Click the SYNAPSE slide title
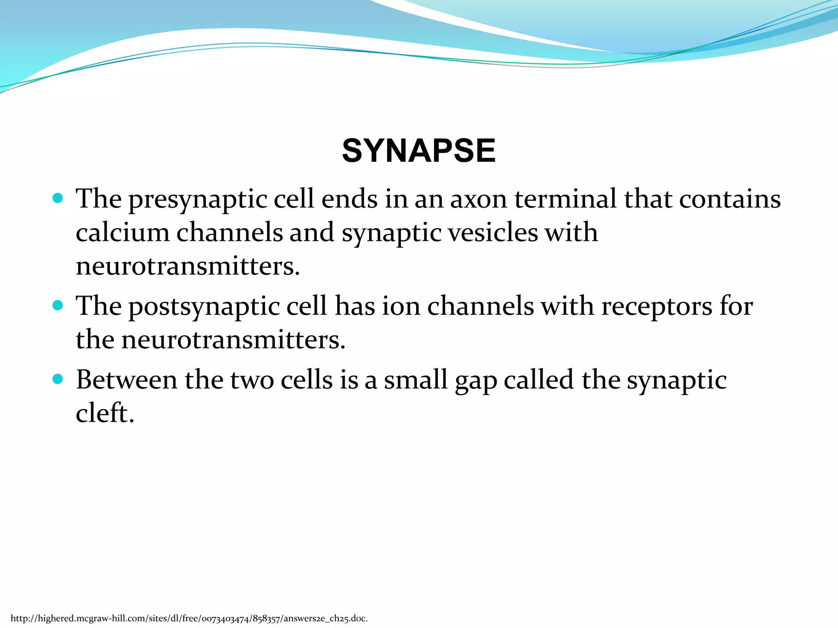419,150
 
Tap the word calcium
122,233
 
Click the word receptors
656,307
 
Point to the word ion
401,307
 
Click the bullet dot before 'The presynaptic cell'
58,199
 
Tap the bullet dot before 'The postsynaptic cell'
58,305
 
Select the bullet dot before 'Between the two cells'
58,379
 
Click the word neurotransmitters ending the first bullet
187,266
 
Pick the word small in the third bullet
415,380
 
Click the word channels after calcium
229,233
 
